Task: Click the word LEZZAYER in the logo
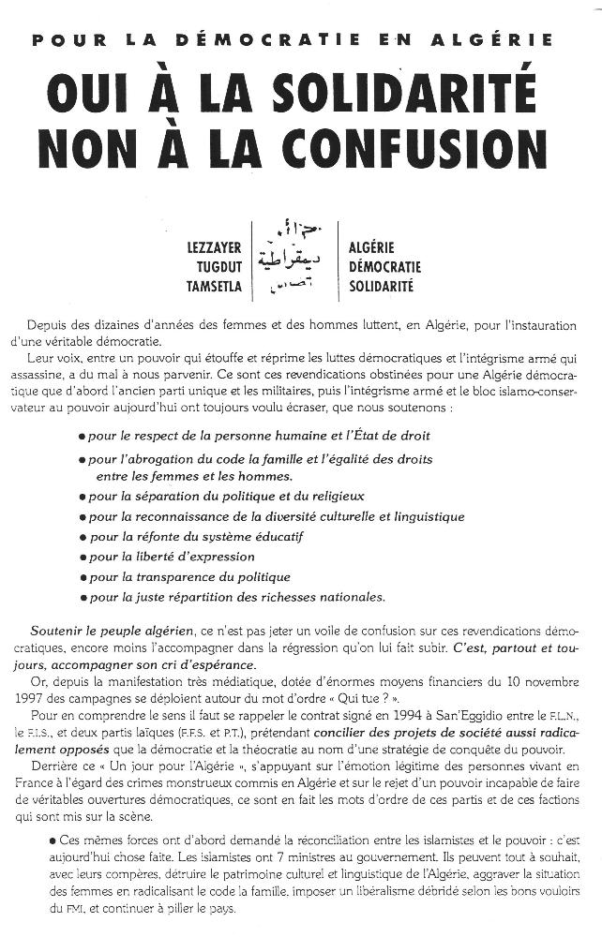(215, 248)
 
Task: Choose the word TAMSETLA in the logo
(215, 287)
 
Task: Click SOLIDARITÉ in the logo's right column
(381, 287)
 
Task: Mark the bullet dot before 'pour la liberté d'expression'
(83, 558)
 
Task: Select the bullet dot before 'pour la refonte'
(83, 537)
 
